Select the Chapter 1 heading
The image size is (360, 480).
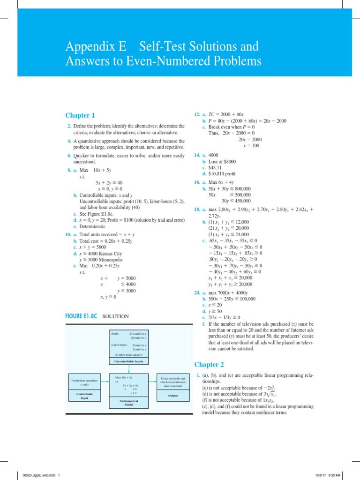tap(80, 115)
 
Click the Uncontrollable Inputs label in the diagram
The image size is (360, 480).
tap(128, 361)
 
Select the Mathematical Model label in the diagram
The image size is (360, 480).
tap(128, 402)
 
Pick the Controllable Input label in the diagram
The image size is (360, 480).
tap(84, 396)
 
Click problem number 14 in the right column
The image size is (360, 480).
tap(197, 155)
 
